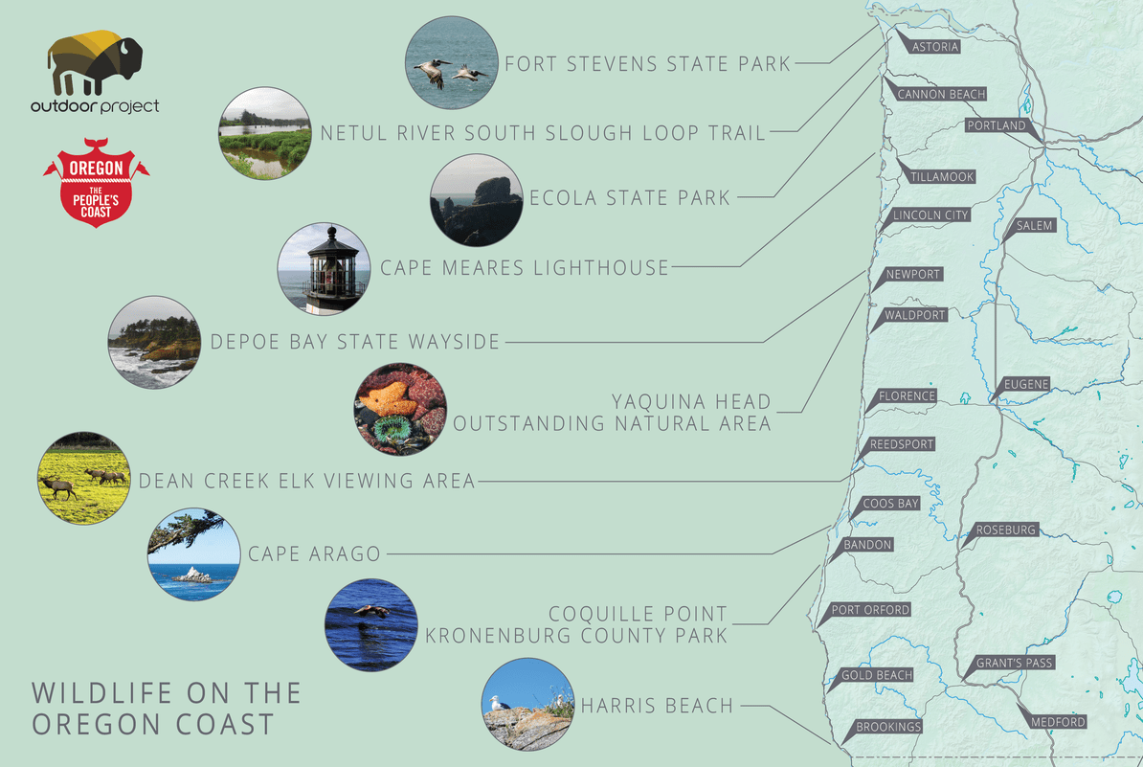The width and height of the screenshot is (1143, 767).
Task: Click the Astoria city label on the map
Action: point(934,47)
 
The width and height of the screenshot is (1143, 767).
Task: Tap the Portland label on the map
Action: point(996,125)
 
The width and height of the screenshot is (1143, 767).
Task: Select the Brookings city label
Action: point(887,727)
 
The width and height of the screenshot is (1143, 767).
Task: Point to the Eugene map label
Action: point(1026,385)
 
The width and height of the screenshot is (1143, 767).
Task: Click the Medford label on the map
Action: point(1058,721)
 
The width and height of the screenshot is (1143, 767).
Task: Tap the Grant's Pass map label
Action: point(1014,663)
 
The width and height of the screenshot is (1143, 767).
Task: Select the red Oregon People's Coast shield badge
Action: point(96,182)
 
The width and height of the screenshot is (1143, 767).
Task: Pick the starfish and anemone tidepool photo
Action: point(400,409)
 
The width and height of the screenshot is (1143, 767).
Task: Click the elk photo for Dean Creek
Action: point(81,478)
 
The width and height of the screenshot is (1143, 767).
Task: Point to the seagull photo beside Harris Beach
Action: point(527,705)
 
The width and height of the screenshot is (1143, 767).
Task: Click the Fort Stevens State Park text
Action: point(647,65)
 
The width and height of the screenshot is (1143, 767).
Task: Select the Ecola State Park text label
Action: point(629,198)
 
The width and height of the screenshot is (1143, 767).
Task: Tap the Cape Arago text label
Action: point(314,553)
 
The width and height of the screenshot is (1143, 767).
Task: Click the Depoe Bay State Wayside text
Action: point(354,341)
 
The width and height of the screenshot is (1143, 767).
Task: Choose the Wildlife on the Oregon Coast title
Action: point(167,708)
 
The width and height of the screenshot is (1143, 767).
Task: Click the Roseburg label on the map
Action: point(1005,530)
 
